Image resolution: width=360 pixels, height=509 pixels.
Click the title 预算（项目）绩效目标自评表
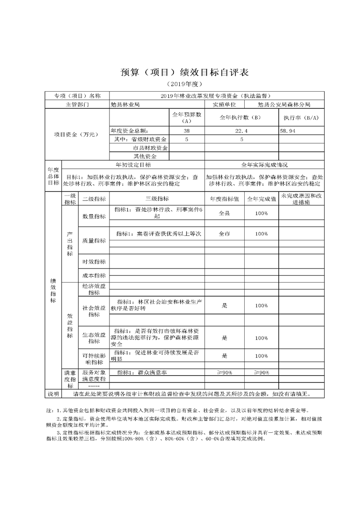(180, 73)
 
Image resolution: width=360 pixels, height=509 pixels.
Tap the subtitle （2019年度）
(180, 84)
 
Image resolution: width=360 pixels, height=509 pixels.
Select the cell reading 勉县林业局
(125, 104)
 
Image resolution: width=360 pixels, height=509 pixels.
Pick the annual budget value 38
(187, 131)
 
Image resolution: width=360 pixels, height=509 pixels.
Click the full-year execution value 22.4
(241, 131)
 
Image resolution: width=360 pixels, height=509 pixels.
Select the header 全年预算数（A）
(187, 118)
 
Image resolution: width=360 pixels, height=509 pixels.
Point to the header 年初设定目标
(133, 165)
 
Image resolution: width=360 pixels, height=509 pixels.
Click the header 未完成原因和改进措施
(301, 198)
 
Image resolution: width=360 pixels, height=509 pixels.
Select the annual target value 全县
(225, 213)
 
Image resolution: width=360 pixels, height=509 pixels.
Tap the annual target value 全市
(225, 234)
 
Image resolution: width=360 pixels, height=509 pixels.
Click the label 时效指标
(94, 262)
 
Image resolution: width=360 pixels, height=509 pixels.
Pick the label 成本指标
(94, 275)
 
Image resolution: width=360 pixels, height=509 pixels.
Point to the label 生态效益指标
(94, 338)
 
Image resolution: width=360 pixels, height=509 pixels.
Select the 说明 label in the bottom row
(53, 393)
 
